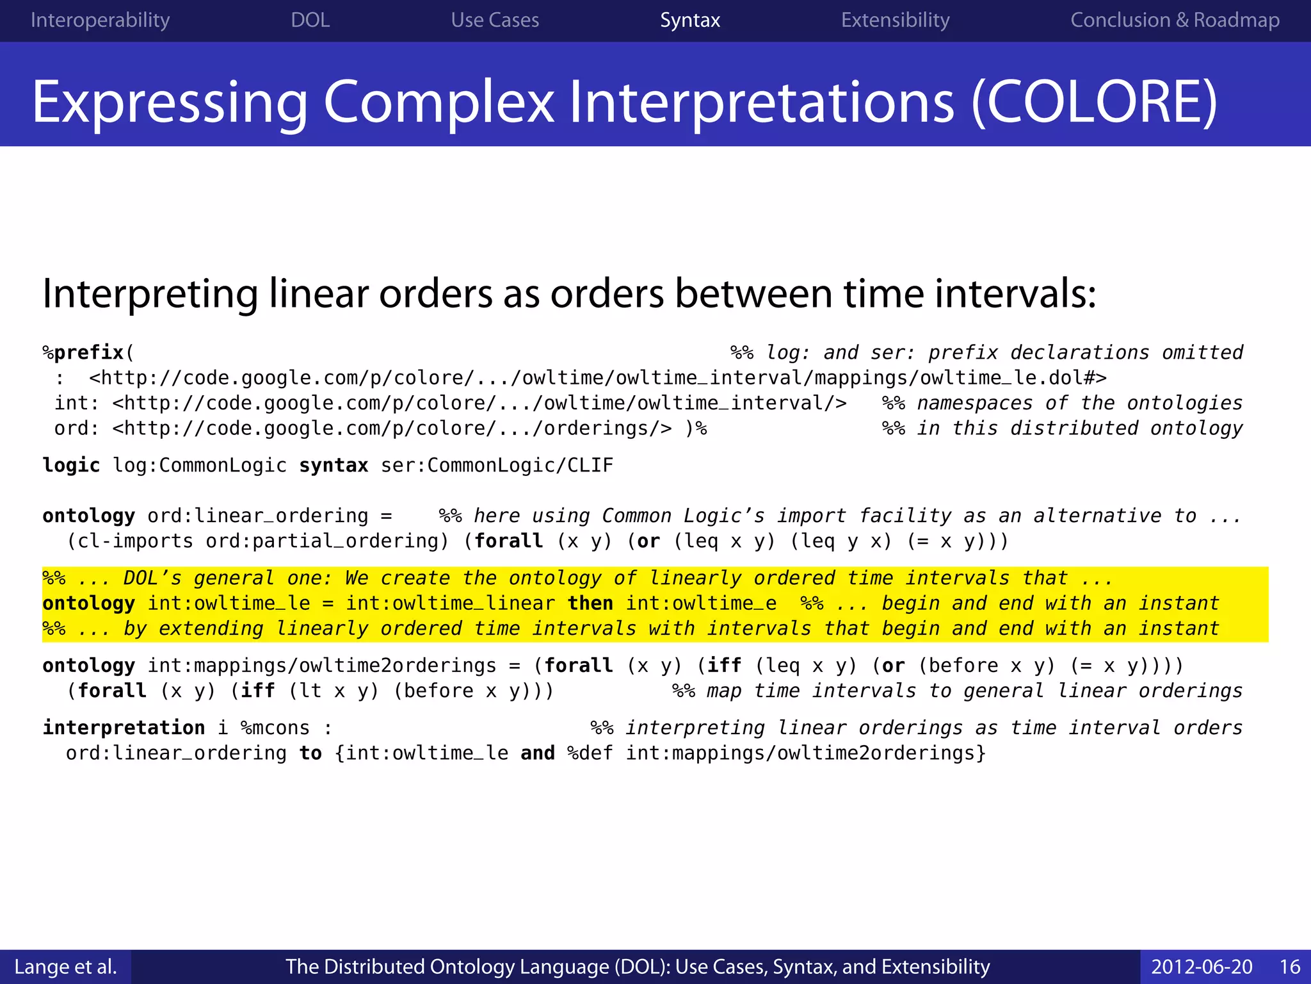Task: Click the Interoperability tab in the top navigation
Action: click(100, 20)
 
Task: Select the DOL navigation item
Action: click(310, 20)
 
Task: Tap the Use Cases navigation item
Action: click(495, 20)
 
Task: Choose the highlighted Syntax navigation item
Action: click(690, 20)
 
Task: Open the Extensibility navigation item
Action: click(895, 20)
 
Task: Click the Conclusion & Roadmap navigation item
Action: click(1175, 20)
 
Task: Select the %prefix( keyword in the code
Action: click(88, 352)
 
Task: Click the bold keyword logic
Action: click(71, 465)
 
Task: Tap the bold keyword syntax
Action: click(334, 465)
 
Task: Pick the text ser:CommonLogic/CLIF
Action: click(497, 465)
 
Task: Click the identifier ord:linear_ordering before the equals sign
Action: click(258, 516)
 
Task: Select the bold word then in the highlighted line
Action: click(590, 603)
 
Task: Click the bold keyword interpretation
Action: click(124, 728)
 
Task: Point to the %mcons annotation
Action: click(275, 728)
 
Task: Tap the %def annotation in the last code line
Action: click(590, 753)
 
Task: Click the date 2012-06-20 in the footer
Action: click(1202, 967)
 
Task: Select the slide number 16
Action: click(1290, 967)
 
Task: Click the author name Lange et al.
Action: click(65, 967)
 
